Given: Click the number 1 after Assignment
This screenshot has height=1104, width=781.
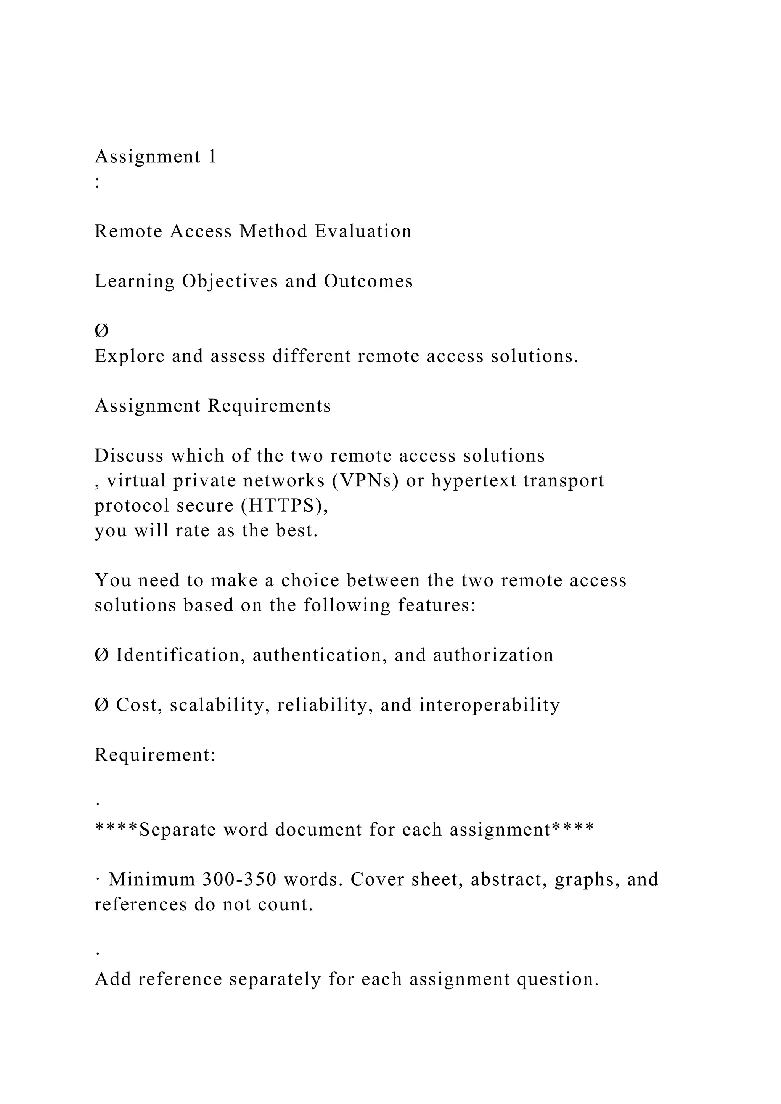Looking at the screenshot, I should coord(212,157).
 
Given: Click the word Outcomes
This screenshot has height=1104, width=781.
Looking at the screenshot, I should coord(368,281).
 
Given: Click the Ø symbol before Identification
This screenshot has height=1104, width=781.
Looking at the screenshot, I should coord(101,655).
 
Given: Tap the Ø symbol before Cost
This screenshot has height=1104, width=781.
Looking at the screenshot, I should coord(101,705).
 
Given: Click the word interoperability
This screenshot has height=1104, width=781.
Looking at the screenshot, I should coord(489,705).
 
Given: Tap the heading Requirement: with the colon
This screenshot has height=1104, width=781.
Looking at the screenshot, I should coord(155,755).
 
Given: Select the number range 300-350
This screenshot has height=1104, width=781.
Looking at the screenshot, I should coord(239,879).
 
